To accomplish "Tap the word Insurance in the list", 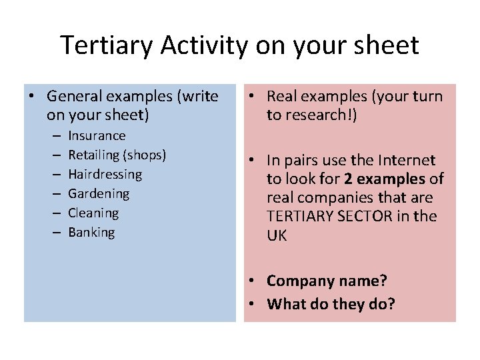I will point(97,135).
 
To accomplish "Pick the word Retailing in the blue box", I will point(94,155).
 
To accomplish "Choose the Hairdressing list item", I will point(105,174).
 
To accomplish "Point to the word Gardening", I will point(98,193).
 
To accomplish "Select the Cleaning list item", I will point(93,213).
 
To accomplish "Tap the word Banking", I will point(91,232).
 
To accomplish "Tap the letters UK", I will point(277,235).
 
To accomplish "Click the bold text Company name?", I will point(327,281).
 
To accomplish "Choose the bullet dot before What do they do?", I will point(257,305).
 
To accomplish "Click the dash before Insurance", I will point(53,135).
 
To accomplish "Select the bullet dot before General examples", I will point(32,96).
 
